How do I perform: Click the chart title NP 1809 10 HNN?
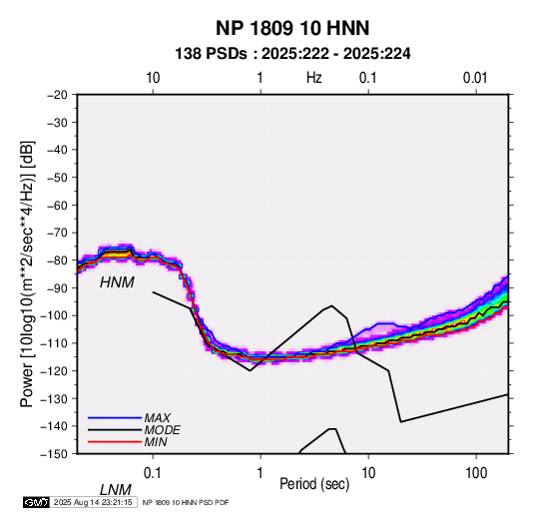click(x=292, y=28)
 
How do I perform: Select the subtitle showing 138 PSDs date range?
click(x=292, y=54)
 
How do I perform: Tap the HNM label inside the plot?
click(x=117, y=282)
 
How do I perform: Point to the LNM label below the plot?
click(x=116, y=490)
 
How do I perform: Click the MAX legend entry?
click(x=157, y=418)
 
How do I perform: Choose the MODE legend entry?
click(x=162, y=430)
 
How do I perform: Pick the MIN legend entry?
click(x=156, y=442)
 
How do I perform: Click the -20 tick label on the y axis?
click(x=57, y=95)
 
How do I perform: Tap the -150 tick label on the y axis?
click(x=54, y=454)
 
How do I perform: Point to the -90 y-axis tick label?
click(x=57, y=288)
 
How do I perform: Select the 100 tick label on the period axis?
click(x=476, y=473)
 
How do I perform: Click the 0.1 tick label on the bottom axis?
click(x=153, y=473)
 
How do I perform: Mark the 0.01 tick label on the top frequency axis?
click(x=475, y=78)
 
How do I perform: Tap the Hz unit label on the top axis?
click(x=314, y=78)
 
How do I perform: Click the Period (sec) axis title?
click(x=314, y=484)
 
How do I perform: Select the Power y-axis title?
click(x=27, y=274)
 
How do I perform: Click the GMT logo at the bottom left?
click(x=37, y=502)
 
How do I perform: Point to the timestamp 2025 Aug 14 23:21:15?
click(x=93, y=502)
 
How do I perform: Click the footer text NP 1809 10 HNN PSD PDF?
click(x=186, y=502)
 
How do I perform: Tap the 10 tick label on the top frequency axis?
click(x=153, y=78)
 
